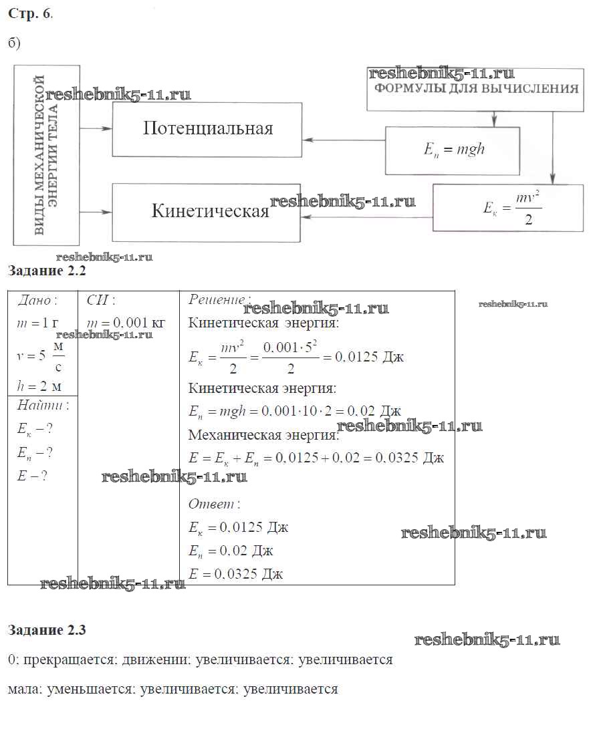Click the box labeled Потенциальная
(207, 129)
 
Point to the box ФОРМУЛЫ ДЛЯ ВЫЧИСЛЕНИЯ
(475, 90)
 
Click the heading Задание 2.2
(47, 271)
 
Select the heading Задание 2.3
(47, 629)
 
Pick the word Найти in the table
(42, 406)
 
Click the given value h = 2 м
(39, 386)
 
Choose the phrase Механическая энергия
(263, 435)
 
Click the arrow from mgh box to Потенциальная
(344, 140)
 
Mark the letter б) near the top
(15, 43)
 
